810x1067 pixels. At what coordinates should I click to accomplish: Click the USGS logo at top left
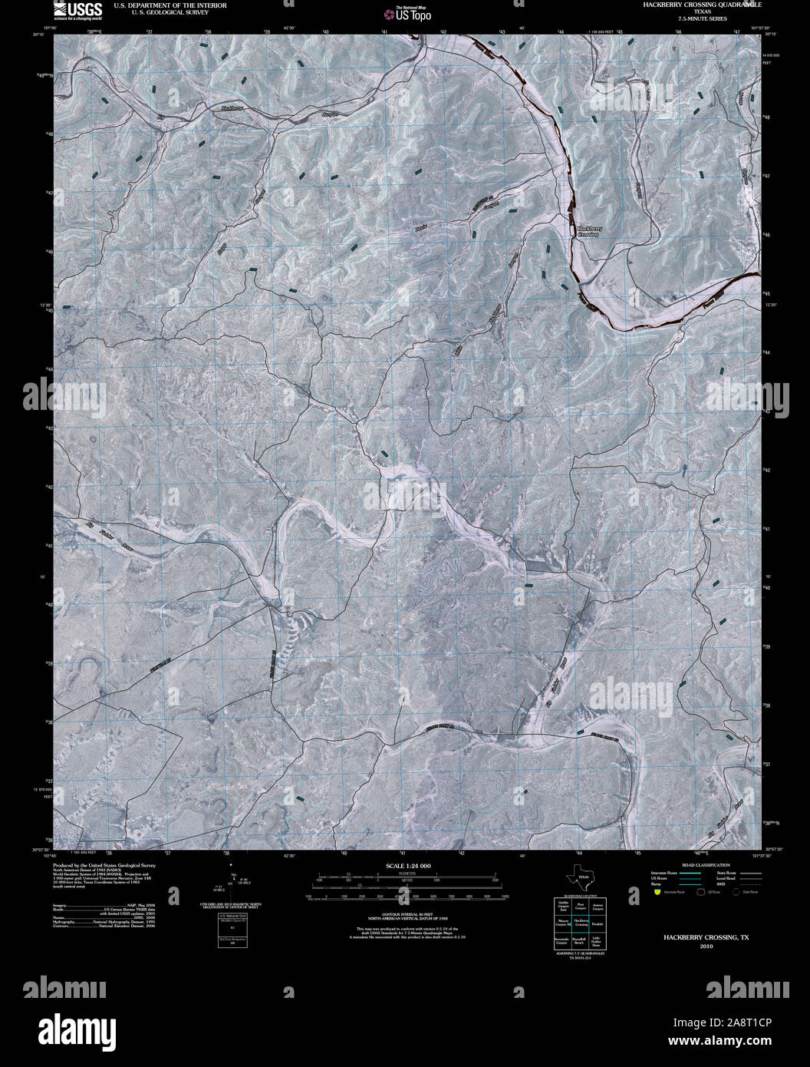[77, 10]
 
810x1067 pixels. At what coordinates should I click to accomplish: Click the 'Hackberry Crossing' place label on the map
[587, 230]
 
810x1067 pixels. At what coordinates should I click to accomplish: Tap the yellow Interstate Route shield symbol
[657, 892]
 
